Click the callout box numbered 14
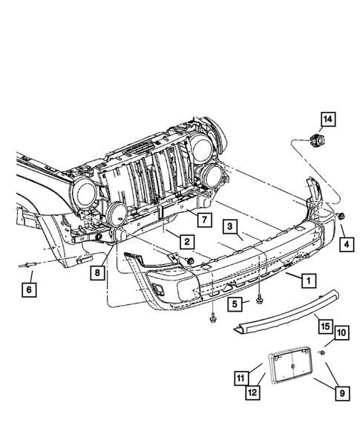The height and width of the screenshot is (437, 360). [x=327, y=119]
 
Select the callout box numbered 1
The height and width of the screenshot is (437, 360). [x=309, y=280]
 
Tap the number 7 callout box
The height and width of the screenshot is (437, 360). [x=205, y=220]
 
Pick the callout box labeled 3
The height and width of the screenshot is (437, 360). [x=230, y=226]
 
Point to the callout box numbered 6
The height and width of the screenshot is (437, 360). [x=29, y=290]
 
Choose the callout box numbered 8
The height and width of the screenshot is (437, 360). [x=97, y=272]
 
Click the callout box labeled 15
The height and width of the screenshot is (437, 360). [x=325, y=326]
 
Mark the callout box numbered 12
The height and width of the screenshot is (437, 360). [x=252, y=392]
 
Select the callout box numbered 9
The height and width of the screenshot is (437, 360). [x=342, y=393]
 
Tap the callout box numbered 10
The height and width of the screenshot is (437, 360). [x=341, y=332]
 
